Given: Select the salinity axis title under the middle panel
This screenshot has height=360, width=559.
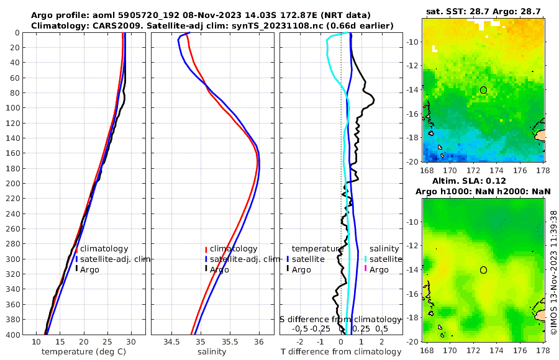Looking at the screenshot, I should (x=211, y=352).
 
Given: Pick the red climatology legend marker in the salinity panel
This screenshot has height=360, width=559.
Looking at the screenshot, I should (x=206, y=249).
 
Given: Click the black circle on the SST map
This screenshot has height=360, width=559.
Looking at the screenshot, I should (x=483, y=90).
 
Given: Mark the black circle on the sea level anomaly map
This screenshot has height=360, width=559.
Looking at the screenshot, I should (x=483, y=270).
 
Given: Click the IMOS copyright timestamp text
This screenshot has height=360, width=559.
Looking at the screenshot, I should (x=553, y=271).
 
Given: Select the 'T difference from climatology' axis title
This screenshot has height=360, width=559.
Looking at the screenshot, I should (x=341, y=352).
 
